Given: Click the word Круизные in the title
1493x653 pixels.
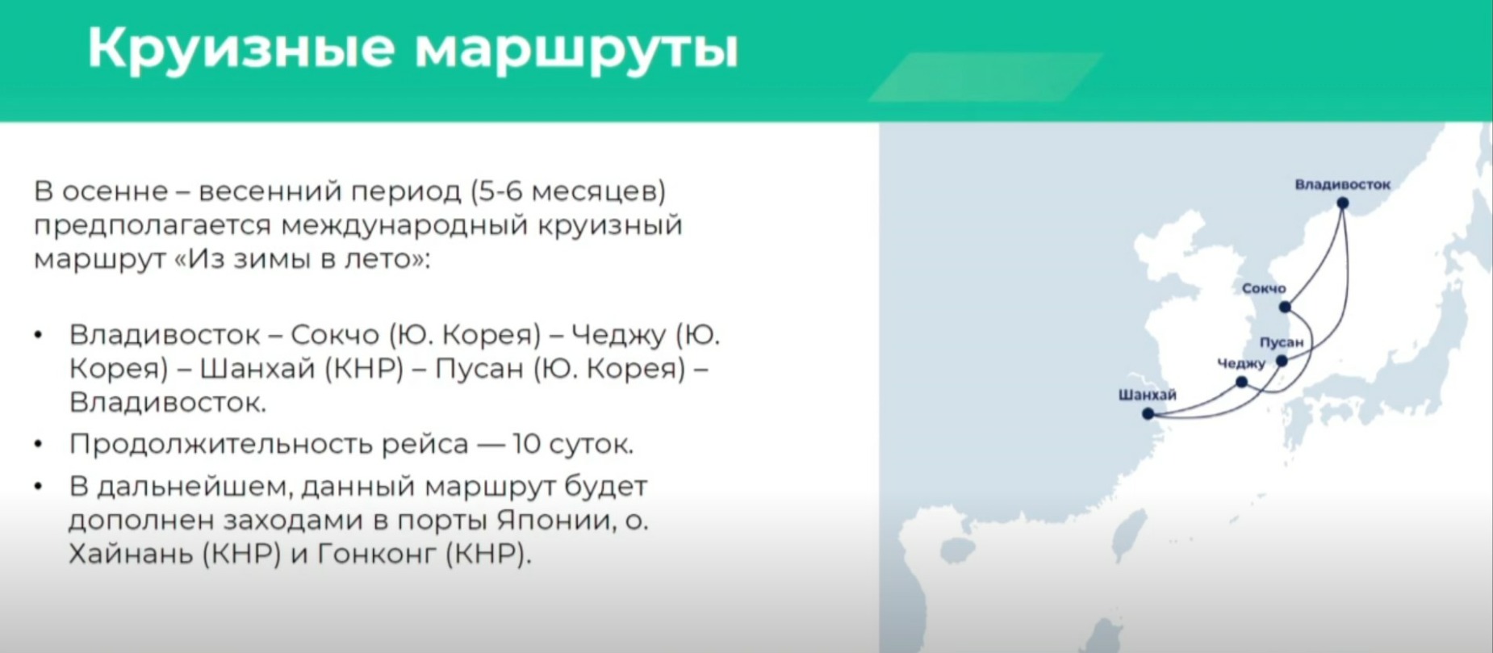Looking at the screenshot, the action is coord(241,49).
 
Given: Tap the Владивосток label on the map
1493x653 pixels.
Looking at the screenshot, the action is coord(1342,184).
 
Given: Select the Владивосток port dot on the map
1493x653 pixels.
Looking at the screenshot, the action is coord(1342,203).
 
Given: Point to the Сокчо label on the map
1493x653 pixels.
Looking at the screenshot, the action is coord(1264,288).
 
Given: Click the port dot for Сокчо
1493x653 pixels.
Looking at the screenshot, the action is coord(1285,307).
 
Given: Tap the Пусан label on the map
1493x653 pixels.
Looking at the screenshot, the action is coord(1282,342).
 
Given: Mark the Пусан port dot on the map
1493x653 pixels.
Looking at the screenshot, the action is coord(1282,361).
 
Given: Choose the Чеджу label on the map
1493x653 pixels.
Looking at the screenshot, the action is coord(1241,364).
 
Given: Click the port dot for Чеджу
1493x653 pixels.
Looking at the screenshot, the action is coord(1242,382).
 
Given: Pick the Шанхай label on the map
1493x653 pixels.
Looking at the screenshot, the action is coord(1147,395).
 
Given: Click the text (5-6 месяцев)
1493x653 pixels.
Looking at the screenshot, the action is coord(569,192).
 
